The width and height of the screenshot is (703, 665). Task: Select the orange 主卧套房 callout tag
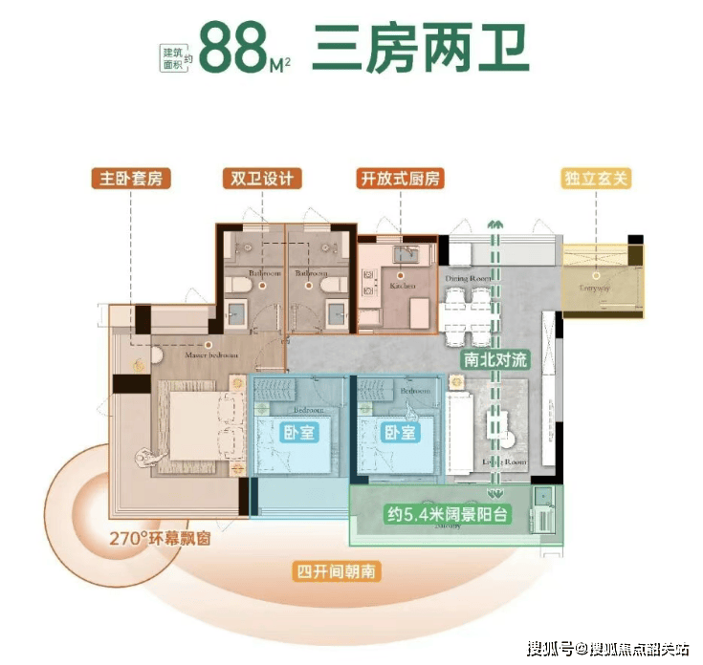[x=125, y=179]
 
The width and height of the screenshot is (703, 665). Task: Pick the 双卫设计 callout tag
[x=260, y=179]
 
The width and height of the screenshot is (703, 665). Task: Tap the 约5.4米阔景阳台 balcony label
[x=447, y=515]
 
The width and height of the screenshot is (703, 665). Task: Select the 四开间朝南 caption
[x=335, y=572]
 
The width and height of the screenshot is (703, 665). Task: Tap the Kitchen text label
[x=403, y=286]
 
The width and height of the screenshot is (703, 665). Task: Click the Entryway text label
[x=595, y=287]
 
